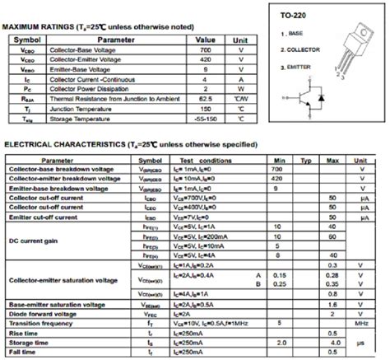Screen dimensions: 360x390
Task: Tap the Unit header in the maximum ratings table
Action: click(240, 39)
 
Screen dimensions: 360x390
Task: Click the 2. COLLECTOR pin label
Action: click(303, 49)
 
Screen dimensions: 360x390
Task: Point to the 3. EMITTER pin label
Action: click(299, 65)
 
